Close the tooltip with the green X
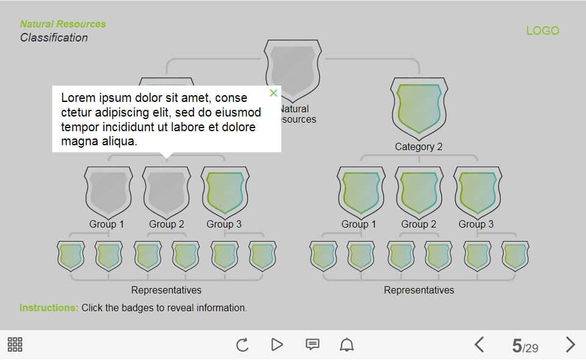point(273,93)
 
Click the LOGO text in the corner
point(542,31)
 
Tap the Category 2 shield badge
point(419,108)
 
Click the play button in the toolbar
point(277,345)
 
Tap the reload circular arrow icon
point(242,345)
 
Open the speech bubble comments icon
point(312,345)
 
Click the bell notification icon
point(347,345)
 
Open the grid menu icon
point(15,345)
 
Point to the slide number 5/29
point(524,347)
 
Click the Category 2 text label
point(419,146)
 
